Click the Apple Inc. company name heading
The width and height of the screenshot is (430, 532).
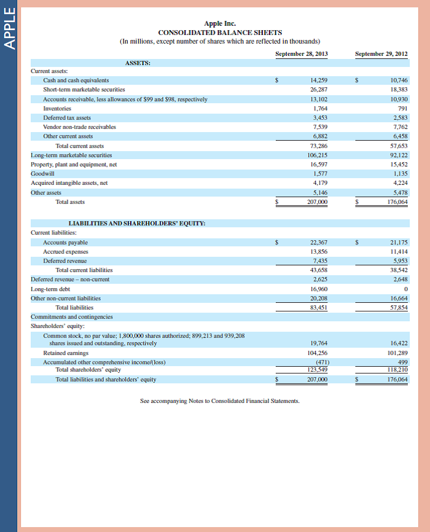(x=220, y=23)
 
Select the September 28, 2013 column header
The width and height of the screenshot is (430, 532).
(x=301, y=54)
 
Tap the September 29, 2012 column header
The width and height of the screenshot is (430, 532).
(x=381, y=54)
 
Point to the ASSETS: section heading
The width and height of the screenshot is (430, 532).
(x=138, y=63)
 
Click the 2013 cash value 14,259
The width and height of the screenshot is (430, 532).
(x=319, y=80)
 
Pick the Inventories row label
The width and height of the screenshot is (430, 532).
(x=57, y=108)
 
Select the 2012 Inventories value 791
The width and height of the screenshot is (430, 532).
(x=402, y=108)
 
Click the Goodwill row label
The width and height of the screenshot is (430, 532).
(x=42, y=173)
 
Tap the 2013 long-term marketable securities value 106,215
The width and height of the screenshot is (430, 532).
(x=317, y=155)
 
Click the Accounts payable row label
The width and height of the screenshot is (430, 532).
(x=65, y=243)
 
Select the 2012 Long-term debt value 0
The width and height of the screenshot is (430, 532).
(x=405, y=288)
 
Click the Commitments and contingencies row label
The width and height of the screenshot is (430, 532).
(x=72, y=316)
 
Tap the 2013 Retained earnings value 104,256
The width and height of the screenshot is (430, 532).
(x=317, y=353)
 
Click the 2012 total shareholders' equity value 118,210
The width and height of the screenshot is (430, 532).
(x=398, y=370)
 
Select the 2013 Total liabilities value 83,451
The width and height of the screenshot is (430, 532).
(x=319, y=307)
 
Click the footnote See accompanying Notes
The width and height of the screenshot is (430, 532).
(x=219, y=401)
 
